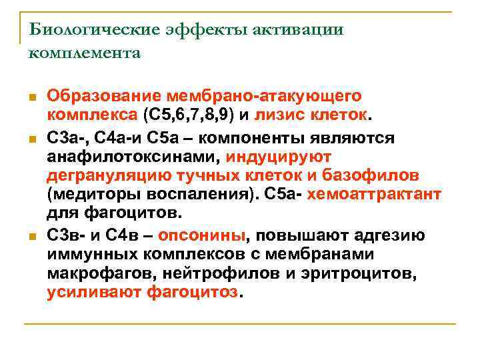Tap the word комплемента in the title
coord(85,53)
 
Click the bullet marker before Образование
coord(34,98)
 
